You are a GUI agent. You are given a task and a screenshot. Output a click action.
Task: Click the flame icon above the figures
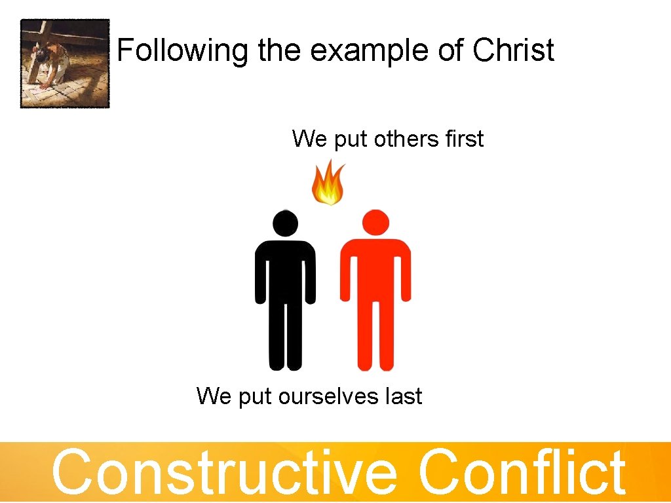(x=328, y=183)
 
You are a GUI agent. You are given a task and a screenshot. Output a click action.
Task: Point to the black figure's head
(x=285, y=223)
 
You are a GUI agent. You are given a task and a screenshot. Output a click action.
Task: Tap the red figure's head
(x=375, y=223)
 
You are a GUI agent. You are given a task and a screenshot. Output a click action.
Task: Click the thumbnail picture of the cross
(x=65, y=63)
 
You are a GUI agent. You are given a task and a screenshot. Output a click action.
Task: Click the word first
(x=463, y=139)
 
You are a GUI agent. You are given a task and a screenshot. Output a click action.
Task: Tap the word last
(x=404, y=396)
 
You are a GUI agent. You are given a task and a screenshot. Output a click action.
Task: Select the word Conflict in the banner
(x=522, y=472)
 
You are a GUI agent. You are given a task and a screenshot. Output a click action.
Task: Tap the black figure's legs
(x=285, y=334)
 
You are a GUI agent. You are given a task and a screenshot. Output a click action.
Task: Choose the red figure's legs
(x=375, y=334)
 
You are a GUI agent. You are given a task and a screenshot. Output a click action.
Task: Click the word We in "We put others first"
(x=309, y=139)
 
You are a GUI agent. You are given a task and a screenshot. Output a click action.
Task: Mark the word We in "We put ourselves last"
(x=214, y=396)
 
